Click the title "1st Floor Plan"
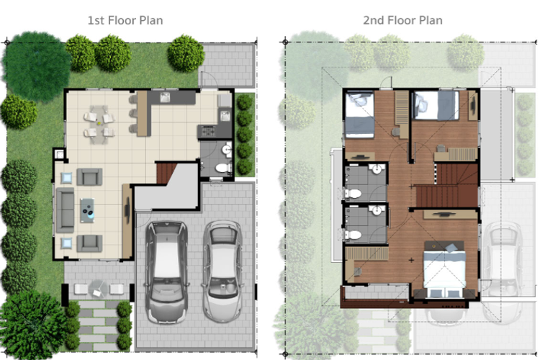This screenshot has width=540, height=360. [125, 21]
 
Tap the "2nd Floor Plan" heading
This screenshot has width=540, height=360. [402, 21]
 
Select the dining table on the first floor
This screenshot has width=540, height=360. [99, 124]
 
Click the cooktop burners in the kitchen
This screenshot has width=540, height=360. [208, 131]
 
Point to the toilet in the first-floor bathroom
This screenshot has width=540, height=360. [222, 168]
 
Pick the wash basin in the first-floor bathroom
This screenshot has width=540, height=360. [227, 150]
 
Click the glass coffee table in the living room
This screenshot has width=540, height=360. [87, 210]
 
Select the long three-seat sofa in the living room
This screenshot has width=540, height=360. [65, 210]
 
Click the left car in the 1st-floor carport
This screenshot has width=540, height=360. [167, 272]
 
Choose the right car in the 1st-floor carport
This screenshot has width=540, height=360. [222, 271]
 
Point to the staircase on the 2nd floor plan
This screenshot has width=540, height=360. [448, 186]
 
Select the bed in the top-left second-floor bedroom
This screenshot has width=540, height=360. [359, 115]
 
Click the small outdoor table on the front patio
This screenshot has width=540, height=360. [97, 289]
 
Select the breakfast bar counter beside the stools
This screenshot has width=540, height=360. [142, 114]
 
